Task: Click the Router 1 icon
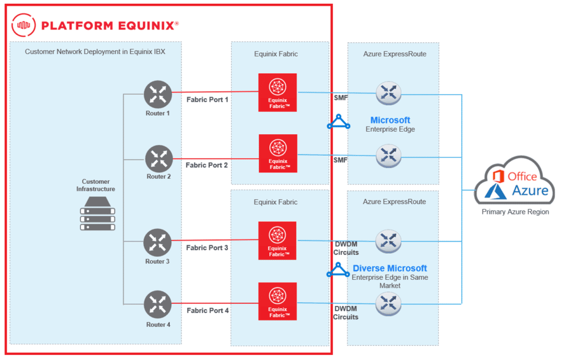coord(158,94)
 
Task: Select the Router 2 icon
coord(159,159)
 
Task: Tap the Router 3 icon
coord(158,243)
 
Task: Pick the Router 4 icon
coord(158,306)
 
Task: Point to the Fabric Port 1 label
coord(207,100)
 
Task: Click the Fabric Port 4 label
coord(208,310)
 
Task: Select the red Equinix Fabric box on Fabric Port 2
coord(278,153)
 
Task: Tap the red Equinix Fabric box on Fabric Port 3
coord(278,241)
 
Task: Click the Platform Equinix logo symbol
coord(23,24)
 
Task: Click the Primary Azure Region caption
coord(515,212)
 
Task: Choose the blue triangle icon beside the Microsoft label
coord(338,122)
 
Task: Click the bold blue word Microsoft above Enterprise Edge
coord(390,120)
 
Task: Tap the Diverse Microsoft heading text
coord(390,268)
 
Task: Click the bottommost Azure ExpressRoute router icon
coord(388,303)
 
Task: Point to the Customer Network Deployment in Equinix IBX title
coord(95,52)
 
